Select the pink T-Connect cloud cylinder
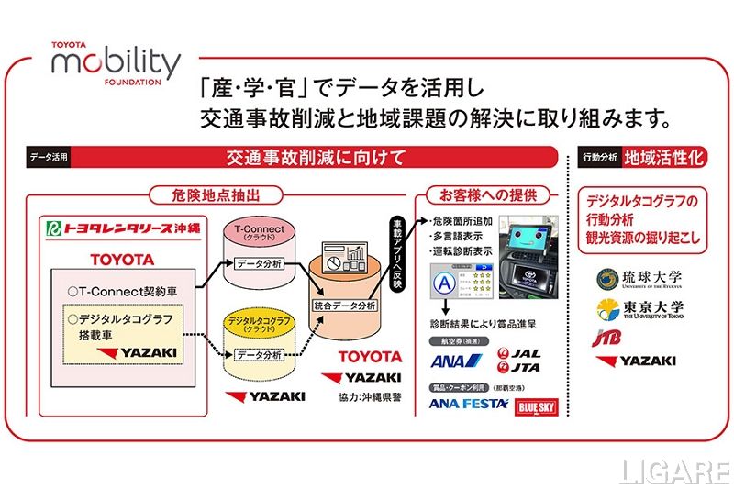pyautogui.click(x=260, y=250)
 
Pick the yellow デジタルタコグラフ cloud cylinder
pyautogui.click(x=260, y=341)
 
